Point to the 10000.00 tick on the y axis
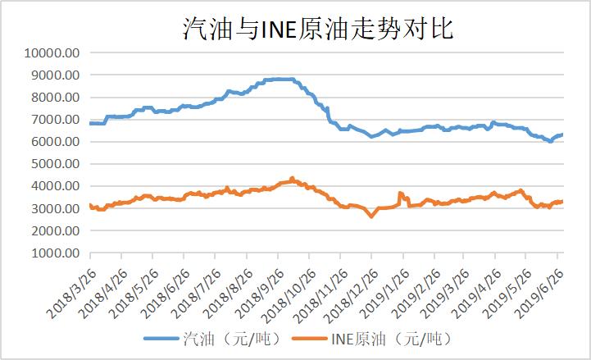point(52,52)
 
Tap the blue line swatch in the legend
point(161,337)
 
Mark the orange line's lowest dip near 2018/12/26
point(371,216)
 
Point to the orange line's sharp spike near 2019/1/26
point(400,194)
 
